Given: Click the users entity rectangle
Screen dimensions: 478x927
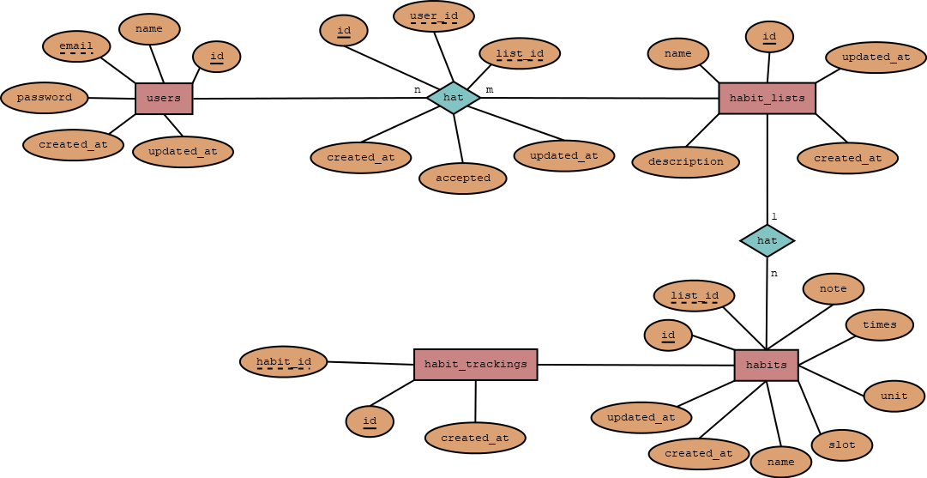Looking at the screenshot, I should click(164, 99).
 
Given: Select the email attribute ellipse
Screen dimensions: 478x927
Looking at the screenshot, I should click(76, 46).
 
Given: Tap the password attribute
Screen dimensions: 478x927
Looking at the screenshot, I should click(45, 98).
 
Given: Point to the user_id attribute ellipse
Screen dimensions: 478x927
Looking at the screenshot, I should click(434, 16).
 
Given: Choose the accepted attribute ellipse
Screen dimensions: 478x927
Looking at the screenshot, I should click(463, 178).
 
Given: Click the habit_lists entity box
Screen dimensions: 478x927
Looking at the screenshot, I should click(767, 99).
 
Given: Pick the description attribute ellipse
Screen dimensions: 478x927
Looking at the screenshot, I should click(685, 162).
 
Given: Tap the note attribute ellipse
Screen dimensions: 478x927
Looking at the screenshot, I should click(833, 289).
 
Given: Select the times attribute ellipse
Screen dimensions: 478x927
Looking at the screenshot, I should click(879, 325).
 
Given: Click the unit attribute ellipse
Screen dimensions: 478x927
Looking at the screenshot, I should click(894, 396).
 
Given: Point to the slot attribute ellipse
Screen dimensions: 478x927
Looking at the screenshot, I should click(842, 445).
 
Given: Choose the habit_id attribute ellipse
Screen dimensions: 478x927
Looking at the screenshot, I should click(284, 362).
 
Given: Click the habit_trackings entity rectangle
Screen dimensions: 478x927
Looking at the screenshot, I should click(476, 365).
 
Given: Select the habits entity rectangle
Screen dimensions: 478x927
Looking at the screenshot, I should click(766, 366).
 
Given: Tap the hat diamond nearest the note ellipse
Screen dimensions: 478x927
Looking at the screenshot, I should click(767, 241).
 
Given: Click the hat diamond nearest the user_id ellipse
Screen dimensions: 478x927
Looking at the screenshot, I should click(453, 98).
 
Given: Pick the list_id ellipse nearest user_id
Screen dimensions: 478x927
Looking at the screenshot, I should click(520, 54).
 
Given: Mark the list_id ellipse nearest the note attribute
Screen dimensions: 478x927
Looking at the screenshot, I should click(694, 296).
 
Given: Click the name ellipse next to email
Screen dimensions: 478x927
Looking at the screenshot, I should click(149, 29).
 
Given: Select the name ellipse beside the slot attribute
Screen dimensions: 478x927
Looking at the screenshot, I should click(780, 463).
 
